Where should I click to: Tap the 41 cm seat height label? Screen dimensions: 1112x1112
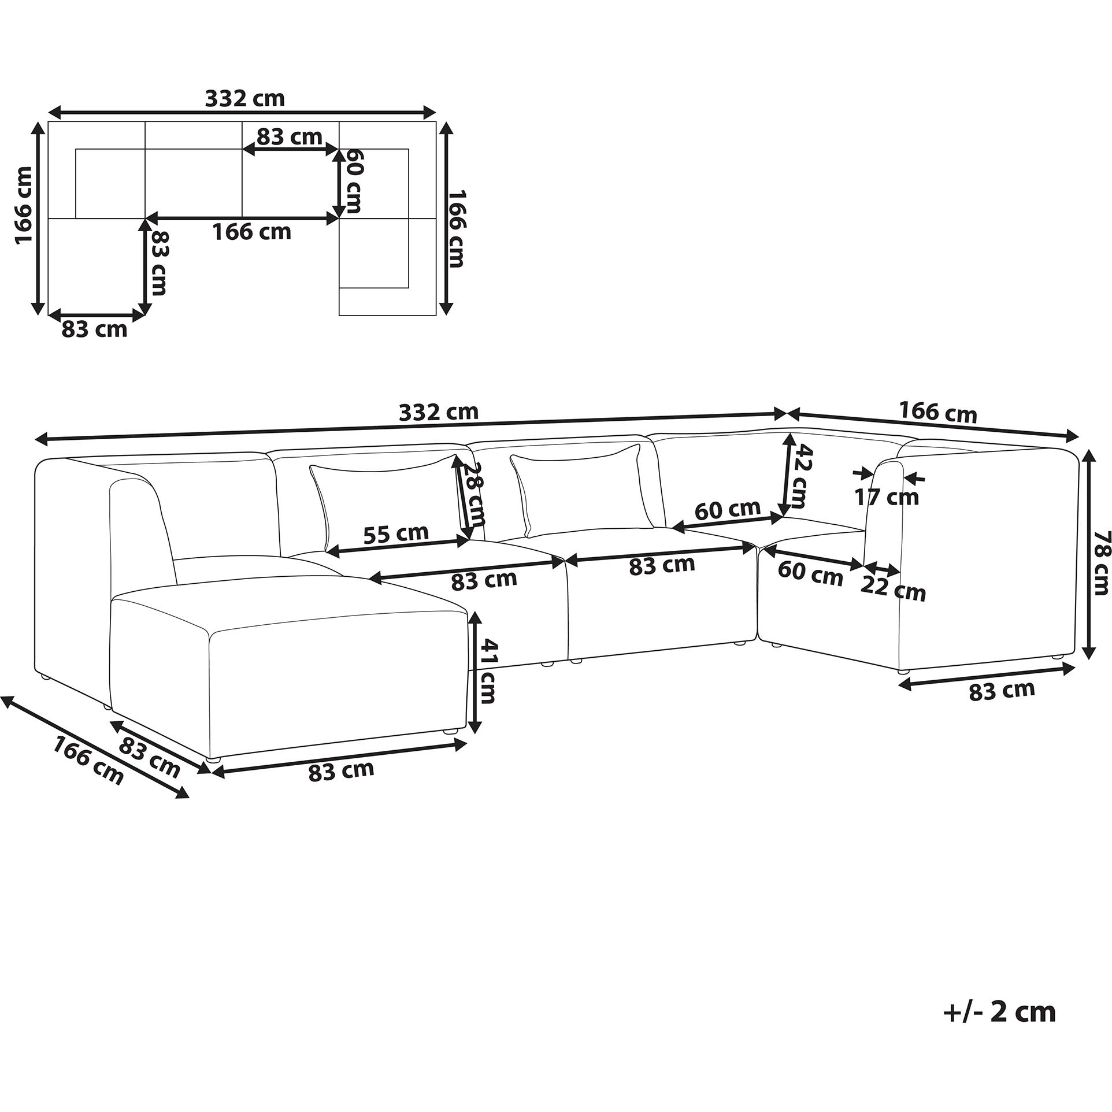coord(487,671)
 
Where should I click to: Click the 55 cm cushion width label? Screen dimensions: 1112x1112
coord(396,533)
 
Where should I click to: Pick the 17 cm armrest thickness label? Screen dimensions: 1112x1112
coord(887,496)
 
